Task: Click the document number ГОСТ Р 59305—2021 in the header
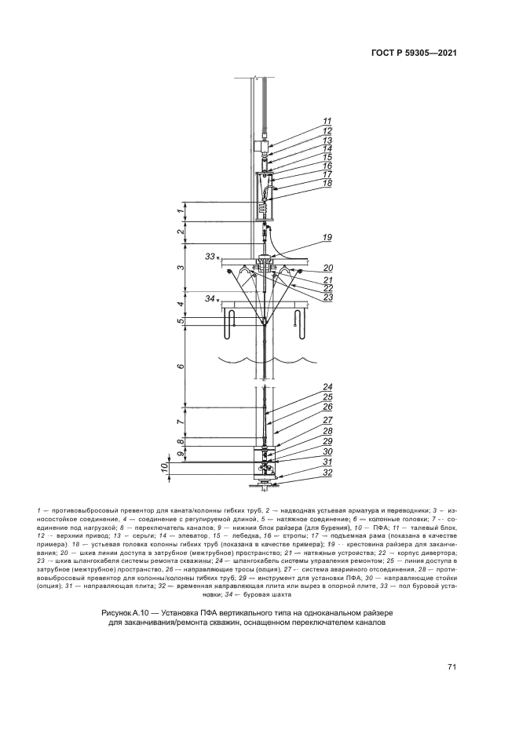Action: (415, 53)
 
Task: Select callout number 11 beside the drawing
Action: (305, 122)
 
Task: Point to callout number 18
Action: (305, 184)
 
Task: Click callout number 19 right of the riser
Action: (305, 237)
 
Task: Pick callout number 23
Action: (305, 297)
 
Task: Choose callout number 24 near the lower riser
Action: (305, 386)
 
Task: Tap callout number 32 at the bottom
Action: (305, 473)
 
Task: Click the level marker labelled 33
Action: (209, 257)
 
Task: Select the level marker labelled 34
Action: (209, 298)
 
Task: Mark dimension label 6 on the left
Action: (180, 367)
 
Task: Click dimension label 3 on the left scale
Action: (180, 268)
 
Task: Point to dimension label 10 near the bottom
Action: (165, 469)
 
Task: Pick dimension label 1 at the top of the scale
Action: (180, 211)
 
